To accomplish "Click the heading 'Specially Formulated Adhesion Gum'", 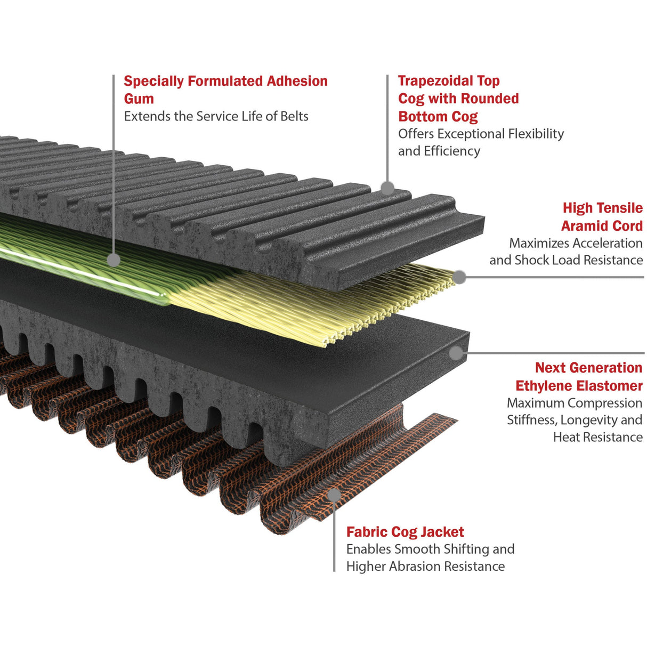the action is (225, 90).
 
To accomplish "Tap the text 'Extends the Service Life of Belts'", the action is (216, 116).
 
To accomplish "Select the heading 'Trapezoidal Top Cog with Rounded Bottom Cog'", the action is (458, 99).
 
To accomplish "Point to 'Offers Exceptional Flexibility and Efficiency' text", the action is (481, 142).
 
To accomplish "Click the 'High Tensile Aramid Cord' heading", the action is (602, 216).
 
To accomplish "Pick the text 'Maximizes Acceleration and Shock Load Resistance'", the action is (566, 251).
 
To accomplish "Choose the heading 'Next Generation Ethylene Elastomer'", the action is (579, 377).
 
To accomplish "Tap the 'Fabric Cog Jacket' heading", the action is (405, 532).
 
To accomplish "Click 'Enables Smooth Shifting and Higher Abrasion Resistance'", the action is (431, 557).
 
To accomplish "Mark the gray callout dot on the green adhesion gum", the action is (114, 260).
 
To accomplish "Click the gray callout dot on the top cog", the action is (387, 188).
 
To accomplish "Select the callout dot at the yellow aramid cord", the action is (459, 277).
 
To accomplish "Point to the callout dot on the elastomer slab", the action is (456, 353).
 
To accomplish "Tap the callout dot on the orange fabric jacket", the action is (334, 495).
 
